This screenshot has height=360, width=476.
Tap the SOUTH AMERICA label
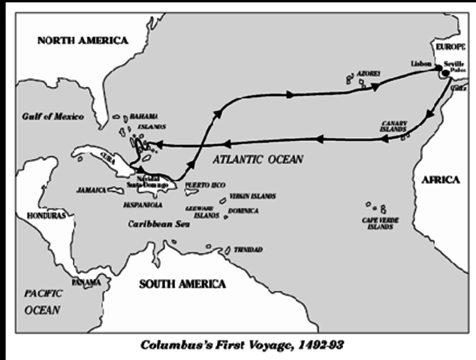pos(182,283)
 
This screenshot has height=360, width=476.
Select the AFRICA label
pos(440,180)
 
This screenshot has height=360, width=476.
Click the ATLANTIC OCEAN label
pos(258,159)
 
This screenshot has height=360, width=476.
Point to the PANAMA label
pos(85,283)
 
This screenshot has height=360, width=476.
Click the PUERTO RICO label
pos(205,184)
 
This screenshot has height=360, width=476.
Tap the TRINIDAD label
pos(248,249)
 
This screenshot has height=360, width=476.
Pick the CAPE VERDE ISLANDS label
pos(379,223)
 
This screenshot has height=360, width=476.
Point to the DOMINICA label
pos(243,211)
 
